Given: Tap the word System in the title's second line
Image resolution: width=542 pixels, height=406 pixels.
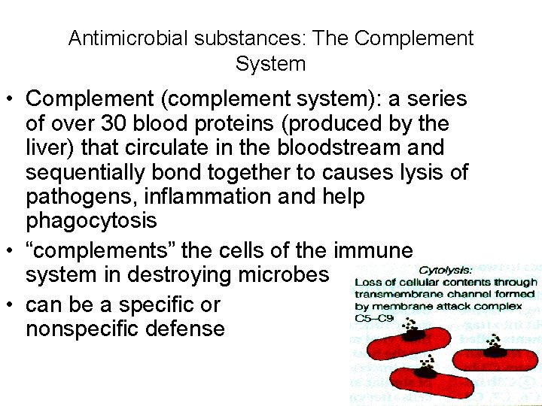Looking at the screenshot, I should [270, 64].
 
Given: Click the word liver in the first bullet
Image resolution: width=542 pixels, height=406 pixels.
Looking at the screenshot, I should [47, 147].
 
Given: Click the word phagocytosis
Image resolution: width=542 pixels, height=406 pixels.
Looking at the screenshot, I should [91, 221].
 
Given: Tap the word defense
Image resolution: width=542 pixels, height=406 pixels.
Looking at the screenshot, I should [190, 329].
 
